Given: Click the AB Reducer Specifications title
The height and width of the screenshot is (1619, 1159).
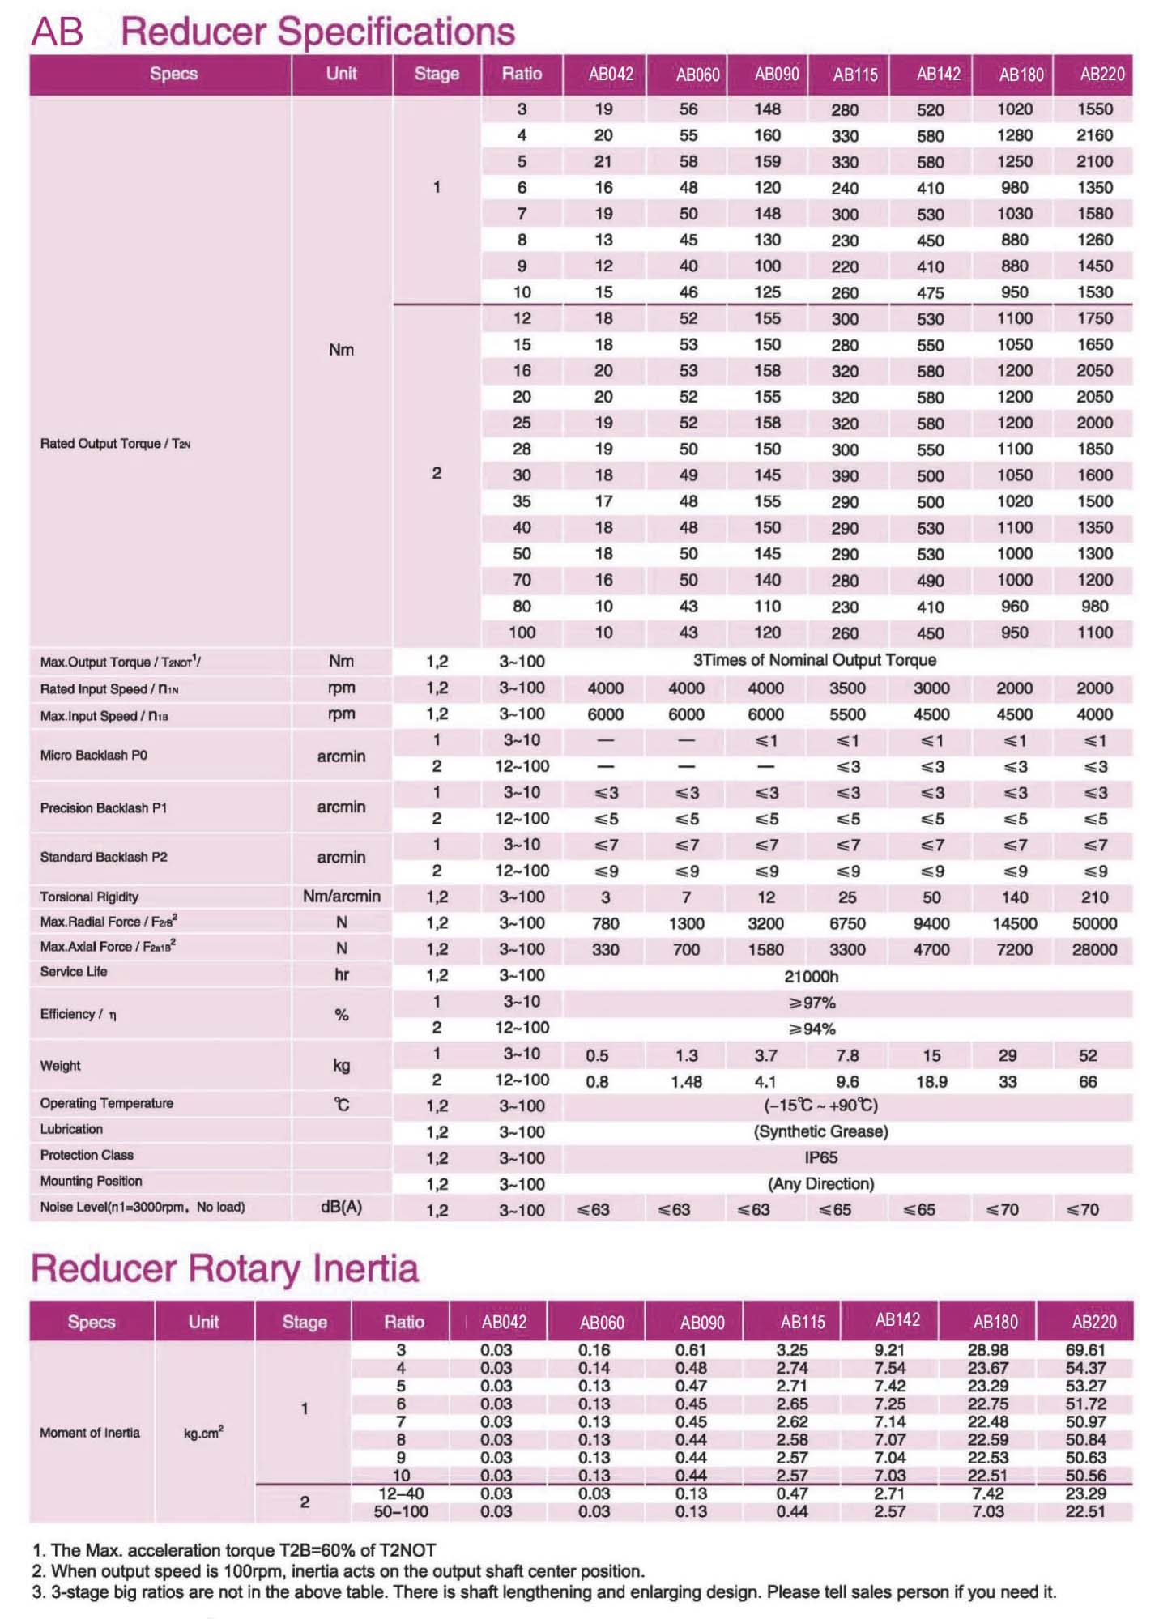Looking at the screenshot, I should pos(273,32).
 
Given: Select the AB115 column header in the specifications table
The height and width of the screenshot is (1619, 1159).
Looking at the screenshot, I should pos(854,75).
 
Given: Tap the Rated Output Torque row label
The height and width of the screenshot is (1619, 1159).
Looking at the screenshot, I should pos(115,444).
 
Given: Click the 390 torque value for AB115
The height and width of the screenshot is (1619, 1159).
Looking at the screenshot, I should pos(845,475).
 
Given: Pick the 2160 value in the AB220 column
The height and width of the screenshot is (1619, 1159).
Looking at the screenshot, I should pos(1094,135).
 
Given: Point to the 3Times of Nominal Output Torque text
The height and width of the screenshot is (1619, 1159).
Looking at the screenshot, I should pos(814,660).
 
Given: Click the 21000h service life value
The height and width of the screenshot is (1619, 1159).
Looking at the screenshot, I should pos(812,976).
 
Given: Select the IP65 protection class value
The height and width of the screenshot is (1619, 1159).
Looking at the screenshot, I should pos(820,1157).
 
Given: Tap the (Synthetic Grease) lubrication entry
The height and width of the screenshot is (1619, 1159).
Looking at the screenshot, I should pos(820,1131).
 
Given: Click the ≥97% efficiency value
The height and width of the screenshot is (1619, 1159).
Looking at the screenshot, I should pos(812,1003).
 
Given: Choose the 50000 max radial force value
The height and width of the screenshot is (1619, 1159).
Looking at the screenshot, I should pos(1094,923).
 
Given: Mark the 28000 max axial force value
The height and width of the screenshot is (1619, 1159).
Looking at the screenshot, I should pos(1094,949).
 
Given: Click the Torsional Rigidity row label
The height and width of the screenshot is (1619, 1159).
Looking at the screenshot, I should pos(89,897).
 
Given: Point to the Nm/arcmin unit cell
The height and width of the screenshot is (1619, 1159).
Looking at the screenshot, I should pos(341,897).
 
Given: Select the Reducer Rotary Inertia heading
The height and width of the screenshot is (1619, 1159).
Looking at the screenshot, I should pos(224,1269).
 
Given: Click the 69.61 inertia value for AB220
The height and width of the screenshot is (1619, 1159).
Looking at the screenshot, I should pos(1085,1350).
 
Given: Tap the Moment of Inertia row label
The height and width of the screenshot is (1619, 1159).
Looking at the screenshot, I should pos(90,1433).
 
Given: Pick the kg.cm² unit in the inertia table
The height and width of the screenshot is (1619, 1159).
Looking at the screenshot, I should pos(203,1433).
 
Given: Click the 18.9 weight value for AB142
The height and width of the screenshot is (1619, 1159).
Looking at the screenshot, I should pos(931,1081).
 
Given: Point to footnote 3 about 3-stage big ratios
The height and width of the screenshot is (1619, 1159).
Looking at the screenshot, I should pos(544,1592).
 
